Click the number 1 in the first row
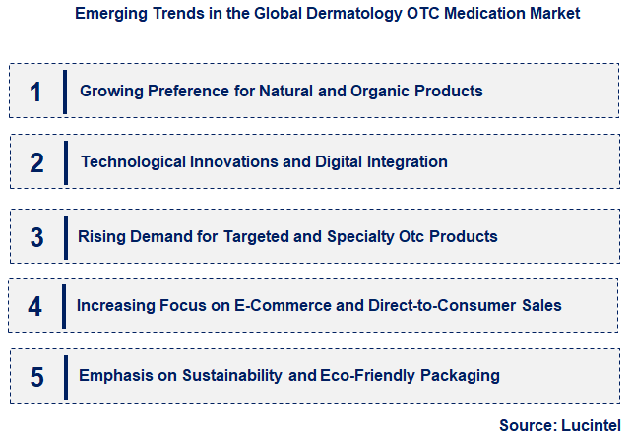click(36, 92)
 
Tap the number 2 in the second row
click(36, 163)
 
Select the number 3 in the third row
click(36, 237)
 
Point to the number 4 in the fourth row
click(35, 306)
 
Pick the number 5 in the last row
click(36, 376)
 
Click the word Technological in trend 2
click(130, 161)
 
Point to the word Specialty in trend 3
click(364, 236)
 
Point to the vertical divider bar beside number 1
click(65, 92)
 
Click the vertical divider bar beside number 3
click(65, 236)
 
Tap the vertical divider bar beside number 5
click(65, 376)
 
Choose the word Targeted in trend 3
click(255, 236)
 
